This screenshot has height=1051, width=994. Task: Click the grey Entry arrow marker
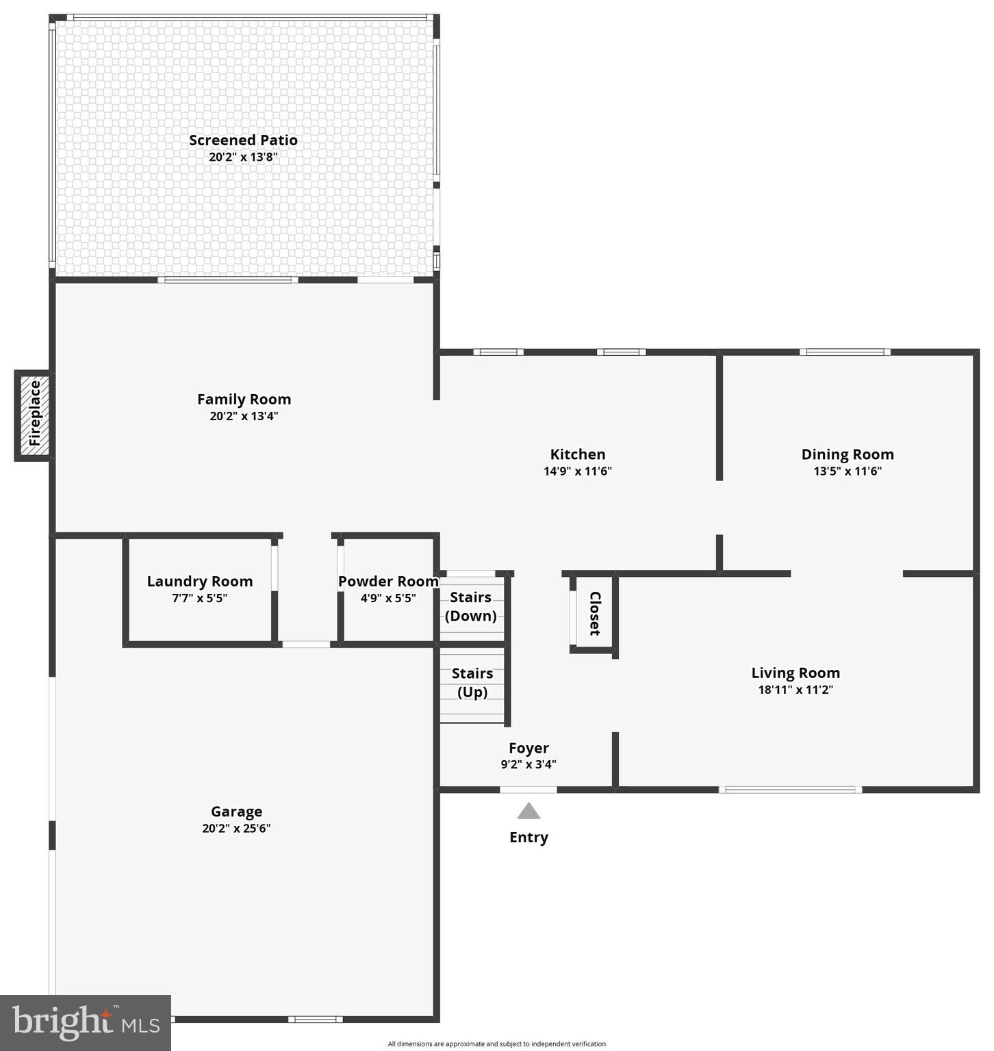pyautogui.click(x=528, y=812)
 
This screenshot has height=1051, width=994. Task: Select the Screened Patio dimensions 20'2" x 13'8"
pyautogui.click(x=243, y=157)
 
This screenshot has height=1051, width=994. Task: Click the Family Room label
pyautogui.click(x=244, y=399)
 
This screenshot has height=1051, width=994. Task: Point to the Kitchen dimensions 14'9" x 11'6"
pyautogui.click(x=577, y=471)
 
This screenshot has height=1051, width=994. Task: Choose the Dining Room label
pyautogui.click(x=847, y=454)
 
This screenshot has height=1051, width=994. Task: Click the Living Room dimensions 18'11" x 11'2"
pyautogui.click(x=795, y=690)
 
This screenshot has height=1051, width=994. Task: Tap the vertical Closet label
pyautogui.click(x=595, y=613)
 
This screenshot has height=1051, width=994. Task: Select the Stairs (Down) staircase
pyautogui.click(x=471, y=607)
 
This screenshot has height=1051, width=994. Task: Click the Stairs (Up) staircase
pyautogui.click(x=472, y=683)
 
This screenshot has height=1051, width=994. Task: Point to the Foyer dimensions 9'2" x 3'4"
pyautogui.click(x=528, y=764)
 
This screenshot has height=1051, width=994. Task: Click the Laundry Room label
pyautogui.click(x=200, y=582)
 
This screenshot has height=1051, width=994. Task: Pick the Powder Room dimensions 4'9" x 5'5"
pyautogui.click(x=388, y=598)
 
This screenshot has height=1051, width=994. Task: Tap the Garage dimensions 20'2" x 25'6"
pyautogui.click(x=236, y=828)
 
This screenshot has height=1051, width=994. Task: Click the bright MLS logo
pyautogui.click(x=86, y=1022)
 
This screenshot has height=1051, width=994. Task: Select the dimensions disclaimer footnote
pyautogui.click(x=496, y=1044)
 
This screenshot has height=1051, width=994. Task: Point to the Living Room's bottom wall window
pyautogui.click(x=791, y=790)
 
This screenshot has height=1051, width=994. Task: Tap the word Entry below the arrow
pyautogui.click(x=528, y=838)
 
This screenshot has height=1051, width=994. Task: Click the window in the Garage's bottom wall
pyautogui.click(x=315, y=1020)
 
